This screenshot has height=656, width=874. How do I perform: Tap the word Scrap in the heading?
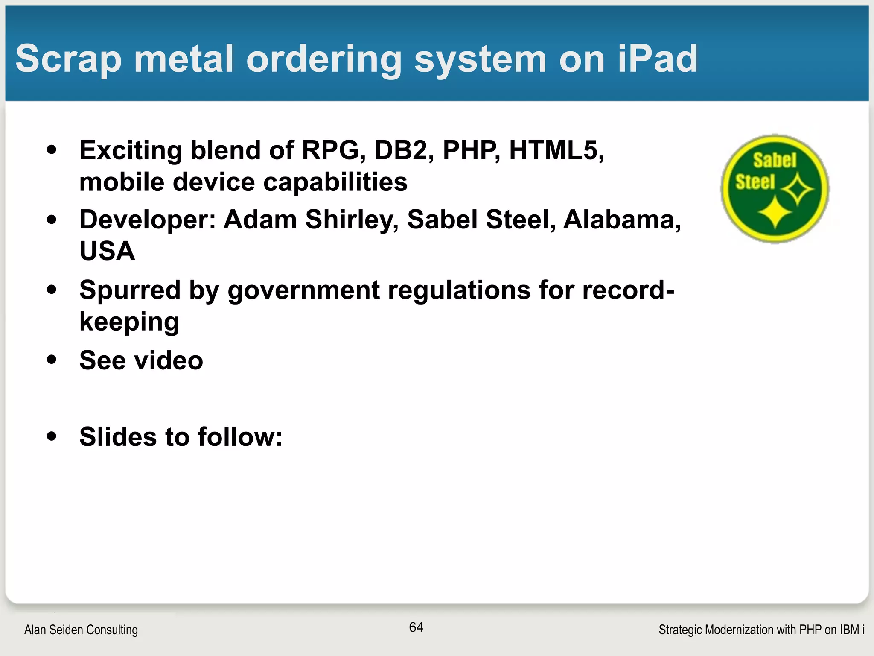tap(69, 60)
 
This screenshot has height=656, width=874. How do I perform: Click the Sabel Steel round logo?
tap(775, 189)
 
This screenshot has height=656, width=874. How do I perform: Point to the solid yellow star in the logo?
tap(775, 212)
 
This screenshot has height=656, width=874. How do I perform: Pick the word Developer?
tap(148, 220)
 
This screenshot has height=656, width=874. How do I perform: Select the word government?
tap(303, 291)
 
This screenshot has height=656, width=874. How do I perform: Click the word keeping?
tap(129, 322)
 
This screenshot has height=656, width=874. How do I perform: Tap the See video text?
tap(141, 360)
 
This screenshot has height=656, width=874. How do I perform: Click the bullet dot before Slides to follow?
tap(52, 436)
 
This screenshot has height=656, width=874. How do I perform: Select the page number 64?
tap(416, 627)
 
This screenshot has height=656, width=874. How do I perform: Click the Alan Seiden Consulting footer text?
tap(81, 630)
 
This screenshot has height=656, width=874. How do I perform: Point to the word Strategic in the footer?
tap(680, 630)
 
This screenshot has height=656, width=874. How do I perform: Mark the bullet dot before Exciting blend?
tap(52, 150)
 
